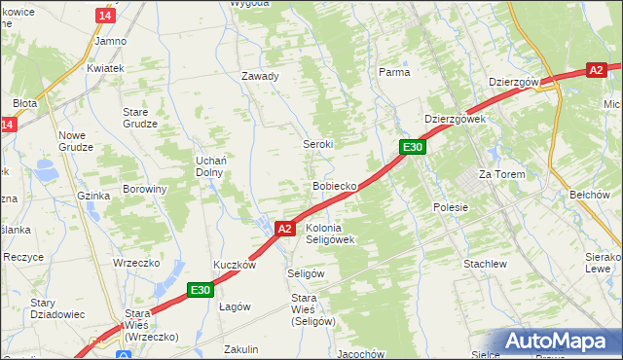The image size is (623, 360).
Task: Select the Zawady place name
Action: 260,76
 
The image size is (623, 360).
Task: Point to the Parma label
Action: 393,72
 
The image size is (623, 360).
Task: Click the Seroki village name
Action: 316,144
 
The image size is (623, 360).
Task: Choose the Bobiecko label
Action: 334,185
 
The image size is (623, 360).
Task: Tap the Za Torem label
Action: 501,174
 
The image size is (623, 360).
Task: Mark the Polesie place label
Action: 451,207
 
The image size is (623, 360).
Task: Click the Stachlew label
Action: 485,264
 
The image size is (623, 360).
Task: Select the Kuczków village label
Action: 235,265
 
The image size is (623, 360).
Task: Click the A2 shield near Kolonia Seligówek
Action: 283,229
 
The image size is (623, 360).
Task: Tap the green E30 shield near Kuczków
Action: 200,289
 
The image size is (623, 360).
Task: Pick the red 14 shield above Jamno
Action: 105,17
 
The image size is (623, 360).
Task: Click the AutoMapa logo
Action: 558,342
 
